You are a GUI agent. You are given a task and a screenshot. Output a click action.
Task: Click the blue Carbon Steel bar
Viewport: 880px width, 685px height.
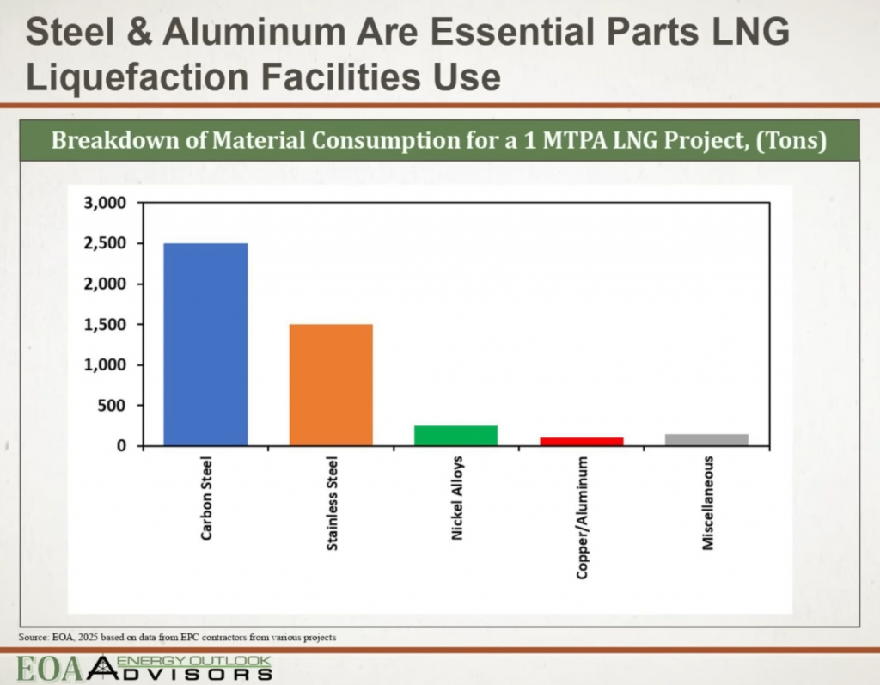pos(205,345)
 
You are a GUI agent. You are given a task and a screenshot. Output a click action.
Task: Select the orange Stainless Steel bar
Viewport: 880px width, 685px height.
pos(331,385)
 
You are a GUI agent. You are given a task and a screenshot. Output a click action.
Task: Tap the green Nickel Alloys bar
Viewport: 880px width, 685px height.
pos(455,436)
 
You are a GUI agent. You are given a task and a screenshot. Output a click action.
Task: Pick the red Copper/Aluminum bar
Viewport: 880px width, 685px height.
pos(582,441)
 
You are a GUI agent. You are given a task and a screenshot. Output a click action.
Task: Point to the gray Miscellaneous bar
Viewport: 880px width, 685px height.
pos(706,440)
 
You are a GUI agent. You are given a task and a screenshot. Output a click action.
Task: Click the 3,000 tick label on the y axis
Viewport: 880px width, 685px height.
pos(106,203)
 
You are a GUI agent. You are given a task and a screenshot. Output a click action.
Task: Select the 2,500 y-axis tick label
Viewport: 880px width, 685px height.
pos(106,243)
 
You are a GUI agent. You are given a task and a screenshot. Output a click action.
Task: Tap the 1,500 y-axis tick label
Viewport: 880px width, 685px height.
pos(106,325)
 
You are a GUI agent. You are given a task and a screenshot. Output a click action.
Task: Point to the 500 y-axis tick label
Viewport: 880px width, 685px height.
pos(112,406)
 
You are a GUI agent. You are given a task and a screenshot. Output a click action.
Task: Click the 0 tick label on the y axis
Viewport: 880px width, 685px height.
pos(122,446)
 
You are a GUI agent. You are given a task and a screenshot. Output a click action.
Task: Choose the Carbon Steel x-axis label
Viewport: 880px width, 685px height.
pos(206,498)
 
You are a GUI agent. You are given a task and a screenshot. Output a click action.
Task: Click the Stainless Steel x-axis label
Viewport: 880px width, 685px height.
pos(333,504)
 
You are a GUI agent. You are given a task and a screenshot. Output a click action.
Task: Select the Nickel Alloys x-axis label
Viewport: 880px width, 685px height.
pos(457,498)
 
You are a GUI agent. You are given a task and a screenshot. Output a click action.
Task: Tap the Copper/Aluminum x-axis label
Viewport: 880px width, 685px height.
pos(583,517)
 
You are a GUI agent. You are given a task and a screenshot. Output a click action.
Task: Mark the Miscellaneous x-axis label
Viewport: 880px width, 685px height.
pos(708,503)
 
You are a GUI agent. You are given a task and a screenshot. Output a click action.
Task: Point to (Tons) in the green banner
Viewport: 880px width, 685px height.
pos(791,140)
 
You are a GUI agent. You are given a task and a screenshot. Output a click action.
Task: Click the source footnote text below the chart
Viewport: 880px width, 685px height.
pos(177,637)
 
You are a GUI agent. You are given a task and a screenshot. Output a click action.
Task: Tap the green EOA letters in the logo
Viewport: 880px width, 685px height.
pos(51,669)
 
